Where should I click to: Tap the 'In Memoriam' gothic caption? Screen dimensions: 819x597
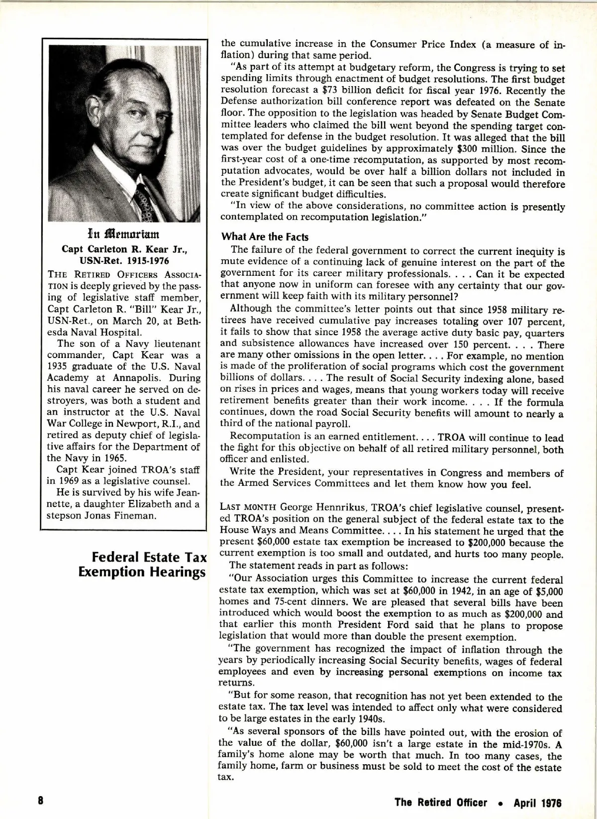coord(124,233)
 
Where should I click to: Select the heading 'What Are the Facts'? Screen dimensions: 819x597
coord(265,237)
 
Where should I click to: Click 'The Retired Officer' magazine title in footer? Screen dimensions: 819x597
coord(441,803)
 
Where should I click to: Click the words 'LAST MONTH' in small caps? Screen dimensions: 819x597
coord(248,508)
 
